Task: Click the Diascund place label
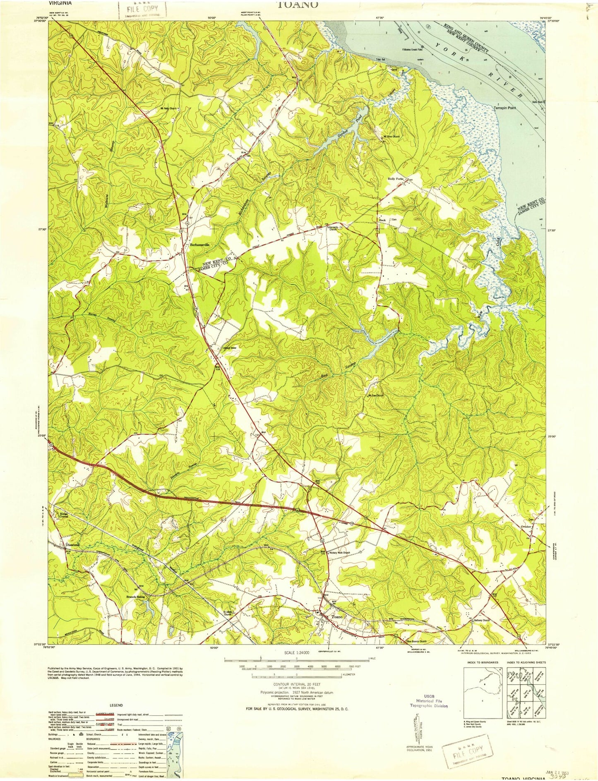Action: pos(72,545)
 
